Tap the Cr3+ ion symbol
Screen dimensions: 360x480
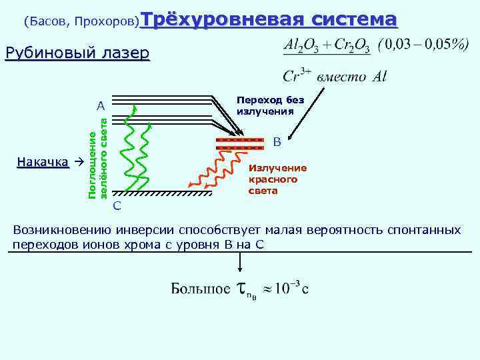297,75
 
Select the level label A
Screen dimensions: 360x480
100,106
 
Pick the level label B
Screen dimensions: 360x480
277,142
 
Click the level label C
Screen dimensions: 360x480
117,205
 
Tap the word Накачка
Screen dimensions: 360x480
43,162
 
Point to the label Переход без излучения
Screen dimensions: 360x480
270,105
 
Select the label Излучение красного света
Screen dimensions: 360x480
277,179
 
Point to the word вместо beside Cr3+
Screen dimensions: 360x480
341,76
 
